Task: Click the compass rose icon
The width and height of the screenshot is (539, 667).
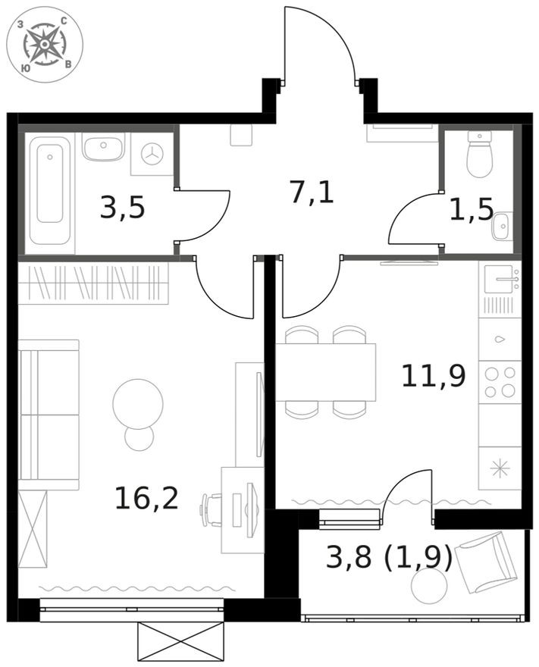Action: pyautogui.click(x=45, y=45)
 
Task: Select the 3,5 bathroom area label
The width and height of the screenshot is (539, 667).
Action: pyautogui.click(x=122, y=207)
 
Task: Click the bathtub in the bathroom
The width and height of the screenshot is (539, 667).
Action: pyautogui.click(x=50, y=193)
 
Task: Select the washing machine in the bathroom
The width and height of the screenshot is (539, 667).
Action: pyautogui.click(x=153, y=154)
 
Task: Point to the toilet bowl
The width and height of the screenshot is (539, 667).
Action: pyautogui.click(x=480, y=155)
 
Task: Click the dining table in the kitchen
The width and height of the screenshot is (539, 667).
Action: pyautogui.click(x=326, y=372)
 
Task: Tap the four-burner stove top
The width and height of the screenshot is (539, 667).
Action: pyautogui.click(x=500, y=382)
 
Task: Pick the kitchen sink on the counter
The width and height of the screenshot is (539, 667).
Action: pyautogui.click(x=501, y=281)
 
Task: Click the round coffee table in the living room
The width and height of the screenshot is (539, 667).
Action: pyautogui.click(x=138, y=402)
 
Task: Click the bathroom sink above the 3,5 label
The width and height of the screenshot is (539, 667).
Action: pyautogui.click(x=103, y=148)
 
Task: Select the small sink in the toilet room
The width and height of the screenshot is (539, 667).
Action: pyautogui.click(x=502, y=226)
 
